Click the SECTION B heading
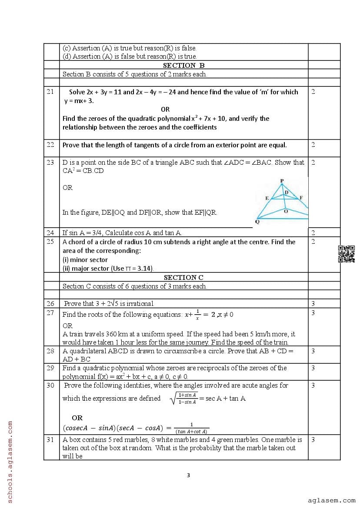click(183, 65)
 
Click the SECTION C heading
click(183, 277)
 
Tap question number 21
click(50, 92)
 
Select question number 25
click(50, 242)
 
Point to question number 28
click(50, 351)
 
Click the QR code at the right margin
click(347, 254)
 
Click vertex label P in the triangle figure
click(282, 180)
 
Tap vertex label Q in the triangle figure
click(257, 221)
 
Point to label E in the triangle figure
click(267, 198)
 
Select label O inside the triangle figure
click(285, 211)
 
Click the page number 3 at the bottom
click(188, 475)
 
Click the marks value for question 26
click(313, 304)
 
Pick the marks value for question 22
click(313, 145)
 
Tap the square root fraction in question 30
click(184, 398)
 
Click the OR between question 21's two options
click(165, 110)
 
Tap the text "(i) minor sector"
click(85, 259)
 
